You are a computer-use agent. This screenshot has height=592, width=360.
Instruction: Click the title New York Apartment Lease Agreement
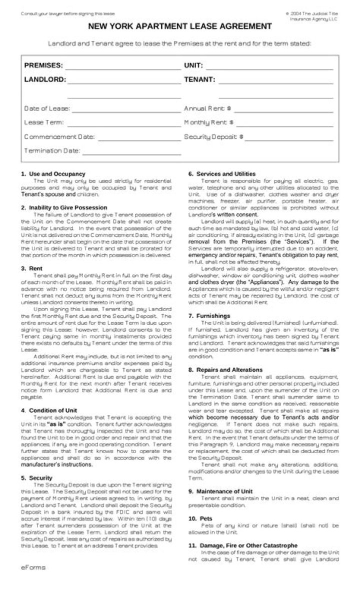pyautogui.click(x=180, y=26)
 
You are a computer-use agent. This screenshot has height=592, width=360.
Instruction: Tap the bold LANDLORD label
pyautogui.click(x=44, y=79)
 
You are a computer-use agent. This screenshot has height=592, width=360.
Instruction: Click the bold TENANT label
pyautogui.click(x=200, y=79)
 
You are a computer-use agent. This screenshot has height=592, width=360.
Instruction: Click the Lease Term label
pyautogui.click(x=44, y=122)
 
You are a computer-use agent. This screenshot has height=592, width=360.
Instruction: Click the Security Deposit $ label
pyautogui.click(x=213, y=136)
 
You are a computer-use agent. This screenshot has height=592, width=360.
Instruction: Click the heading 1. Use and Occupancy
pyautogui.click(x=53, y=174)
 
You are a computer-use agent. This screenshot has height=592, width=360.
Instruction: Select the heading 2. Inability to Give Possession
pyautogui.click(x=64, y=207)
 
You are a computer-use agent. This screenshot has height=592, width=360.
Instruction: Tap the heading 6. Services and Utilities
pyautogui.click(x=222, y=174)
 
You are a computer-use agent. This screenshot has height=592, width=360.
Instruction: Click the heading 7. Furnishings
pyautogui.click(x=209, y=316)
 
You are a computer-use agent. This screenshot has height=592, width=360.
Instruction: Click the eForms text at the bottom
pyautogui.click(x=33, y=568)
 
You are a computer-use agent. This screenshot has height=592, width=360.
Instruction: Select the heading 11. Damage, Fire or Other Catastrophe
pyautogui.click(x=243, y=546)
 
